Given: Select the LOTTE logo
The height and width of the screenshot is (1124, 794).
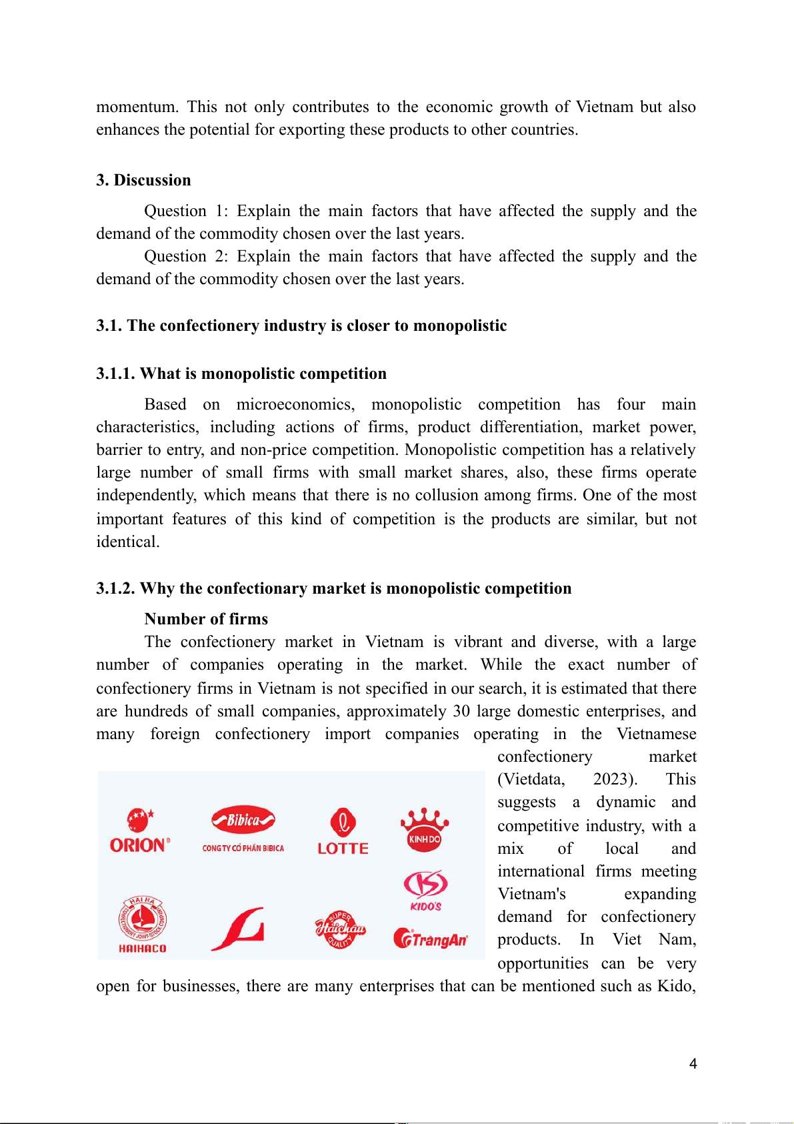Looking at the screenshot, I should pyautogui.click(x=343, y=831).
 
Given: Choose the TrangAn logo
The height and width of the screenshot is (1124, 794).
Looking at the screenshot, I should pyautogui.click(x=431, y=939).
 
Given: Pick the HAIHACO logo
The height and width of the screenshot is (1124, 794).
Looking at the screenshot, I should pyautogui.click(x=142, y=925).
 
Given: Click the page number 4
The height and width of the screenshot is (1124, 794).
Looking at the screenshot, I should pyautogui.click(x=693, y=1064).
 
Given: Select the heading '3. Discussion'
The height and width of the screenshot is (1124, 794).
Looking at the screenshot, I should pyautogui.click(x=143, y=180).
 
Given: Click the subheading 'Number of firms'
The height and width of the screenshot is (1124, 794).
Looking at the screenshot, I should pyautogui.click(x=206, y=619).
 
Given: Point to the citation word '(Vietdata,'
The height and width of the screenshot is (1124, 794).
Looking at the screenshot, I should pyautogui.click(x=531, y=779).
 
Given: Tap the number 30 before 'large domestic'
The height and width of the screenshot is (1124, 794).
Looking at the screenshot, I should pyautogui.click(x=461, y=711).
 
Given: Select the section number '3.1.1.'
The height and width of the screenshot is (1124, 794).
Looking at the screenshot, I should pyautogui.click(x=115, y=374).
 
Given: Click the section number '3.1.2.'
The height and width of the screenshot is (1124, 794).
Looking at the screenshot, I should pyautogui.click(x=115, y=588).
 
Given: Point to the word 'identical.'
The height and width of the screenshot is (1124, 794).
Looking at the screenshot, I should pyautogui.click(x=128, y=542).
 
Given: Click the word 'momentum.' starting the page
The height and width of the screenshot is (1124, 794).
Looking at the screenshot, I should pyautogui.click(x=137, y=107).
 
